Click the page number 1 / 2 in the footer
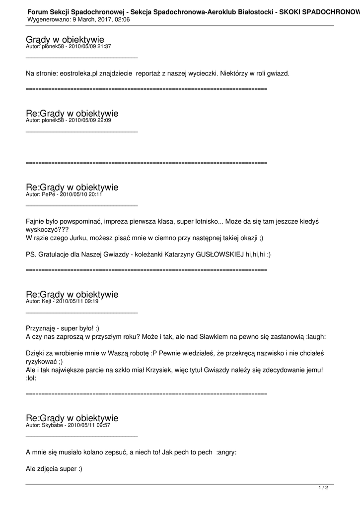(323, 488)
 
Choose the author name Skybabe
(53, 425)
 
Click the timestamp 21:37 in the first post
(104, 46)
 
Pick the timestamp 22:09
(104, 120)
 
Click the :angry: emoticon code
(226, 452)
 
